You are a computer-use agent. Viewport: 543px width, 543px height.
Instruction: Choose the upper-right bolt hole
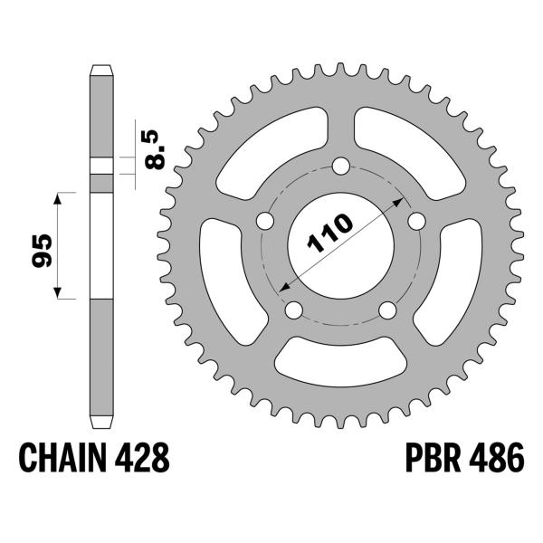[417, 221]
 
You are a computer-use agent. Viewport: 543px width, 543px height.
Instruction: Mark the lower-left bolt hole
[293, 310]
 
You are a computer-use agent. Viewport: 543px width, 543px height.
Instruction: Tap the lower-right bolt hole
[387, 310]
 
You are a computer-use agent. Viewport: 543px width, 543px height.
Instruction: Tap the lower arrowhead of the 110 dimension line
[283, 287]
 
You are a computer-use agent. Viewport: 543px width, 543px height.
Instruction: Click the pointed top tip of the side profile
[101, 67]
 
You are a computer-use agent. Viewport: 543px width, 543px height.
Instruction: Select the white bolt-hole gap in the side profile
[101, 165]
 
